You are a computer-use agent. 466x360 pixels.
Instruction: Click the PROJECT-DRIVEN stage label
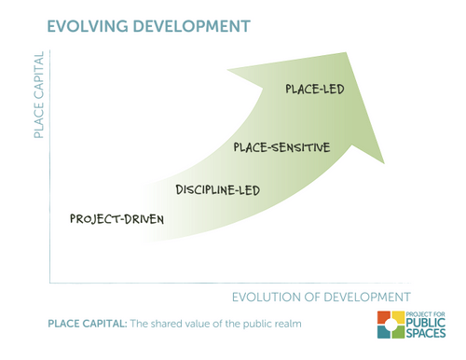(x=116, y=219)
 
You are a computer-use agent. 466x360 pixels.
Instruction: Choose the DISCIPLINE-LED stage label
(x=217, y=190)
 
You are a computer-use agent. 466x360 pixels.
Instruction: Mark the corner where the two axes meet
(x=49, y=282)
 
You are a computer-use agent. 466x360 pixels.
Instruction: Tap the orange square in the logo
(x=384, y=320)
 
